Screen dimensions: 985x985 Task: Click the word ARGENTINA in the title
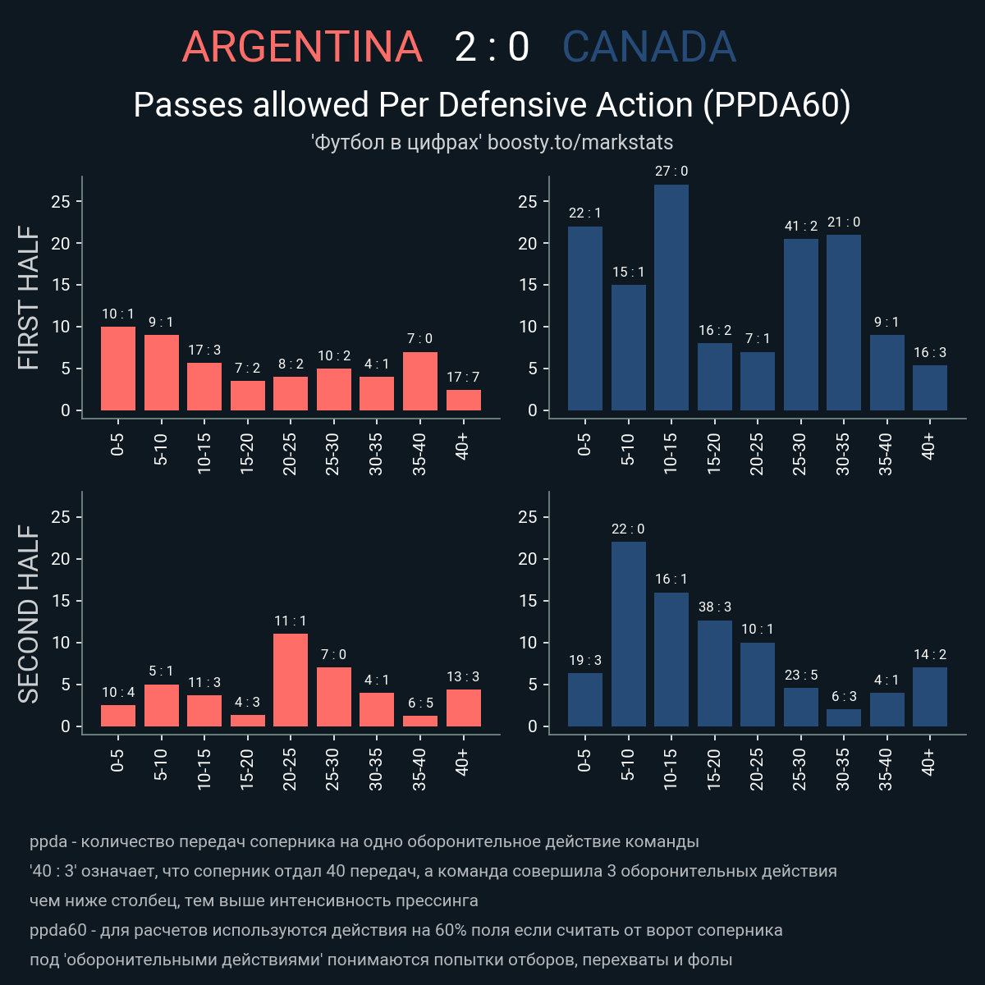[x=301, y=47]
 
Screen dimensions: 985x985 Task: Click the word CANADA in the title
[x=648, y=47]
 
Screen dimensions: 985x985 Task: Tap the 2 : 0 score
[x=492, y=47]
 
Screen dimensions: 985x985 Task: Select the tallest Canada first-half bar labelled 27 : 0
[x=671, y=297]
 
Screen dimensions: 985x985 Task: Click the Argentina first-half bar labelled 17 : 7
[x=464, y=400]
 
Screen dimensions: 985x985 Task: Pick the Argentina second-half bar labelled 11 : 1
[x=291, y=680]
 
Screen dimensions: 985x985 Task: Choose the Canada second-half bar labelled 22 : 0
[x=629, y=634]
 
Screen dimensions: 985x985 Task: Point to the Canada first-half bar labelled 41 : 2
[x=801, y=324]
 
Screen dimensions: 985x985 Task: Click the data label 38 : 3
[x=714, y=607]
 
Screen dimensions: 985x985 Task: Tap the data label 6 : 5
[x=420, y=703]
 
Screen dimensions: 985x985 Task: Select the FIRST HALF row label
[x=29, y=298]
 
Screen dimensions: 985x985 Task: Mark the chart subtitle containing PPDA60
[x=492, y=105]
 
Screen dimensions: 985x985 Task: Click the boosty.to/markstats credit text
[x=580, y=142]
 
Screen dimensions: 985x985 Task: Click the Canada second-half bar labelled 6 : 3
[x=844, y=717]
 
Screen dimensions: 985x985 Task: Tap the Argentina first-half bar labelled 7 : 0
[x=420, y=381]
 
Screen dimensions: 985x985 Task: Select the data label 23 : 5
[x=801, y=675]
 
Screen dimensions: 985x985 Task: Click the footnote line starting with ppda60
[x=406, y=930]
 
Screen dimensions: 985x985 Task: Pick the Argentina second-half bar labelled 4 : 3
[x=248, y=721]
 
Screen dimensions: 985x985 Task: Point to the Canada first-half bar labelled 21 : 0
[x=844, y=322]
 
